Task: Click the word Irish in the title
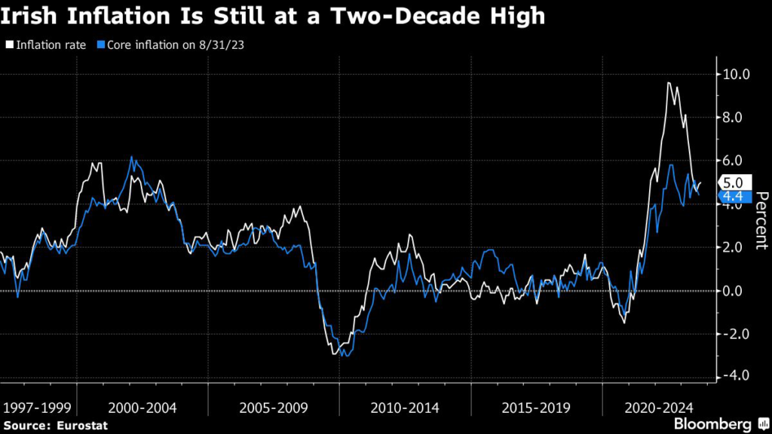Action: click(x=29, y=16)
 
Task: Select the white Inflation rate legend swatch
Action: click(x=10, y=44)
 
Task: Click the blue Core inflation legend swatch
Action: click(x=101, y=44)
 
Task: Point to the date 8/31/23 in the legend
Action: click(x=222, y=44)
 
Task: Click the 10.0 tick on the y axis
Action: click(x=736, y=75)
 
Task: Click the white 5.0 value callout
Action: click(x=734, y=182)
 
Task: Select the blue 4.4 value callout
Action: click(x=734, y=197)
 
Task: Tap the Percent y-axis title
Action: click(x=761, y=221)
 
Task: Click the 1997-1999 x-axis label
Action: click(x=37, y=408)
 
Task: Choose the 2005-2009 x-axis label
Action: click(x=273, y=408)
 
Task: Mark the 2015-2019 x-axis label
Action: click(x=536, y=408)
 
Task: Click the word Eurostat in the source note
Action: click(x=81, y=426)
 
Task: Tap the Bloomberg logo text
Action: click(x=712, y=423)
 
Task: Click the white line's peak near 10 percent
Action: click(x=669, y=83)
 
